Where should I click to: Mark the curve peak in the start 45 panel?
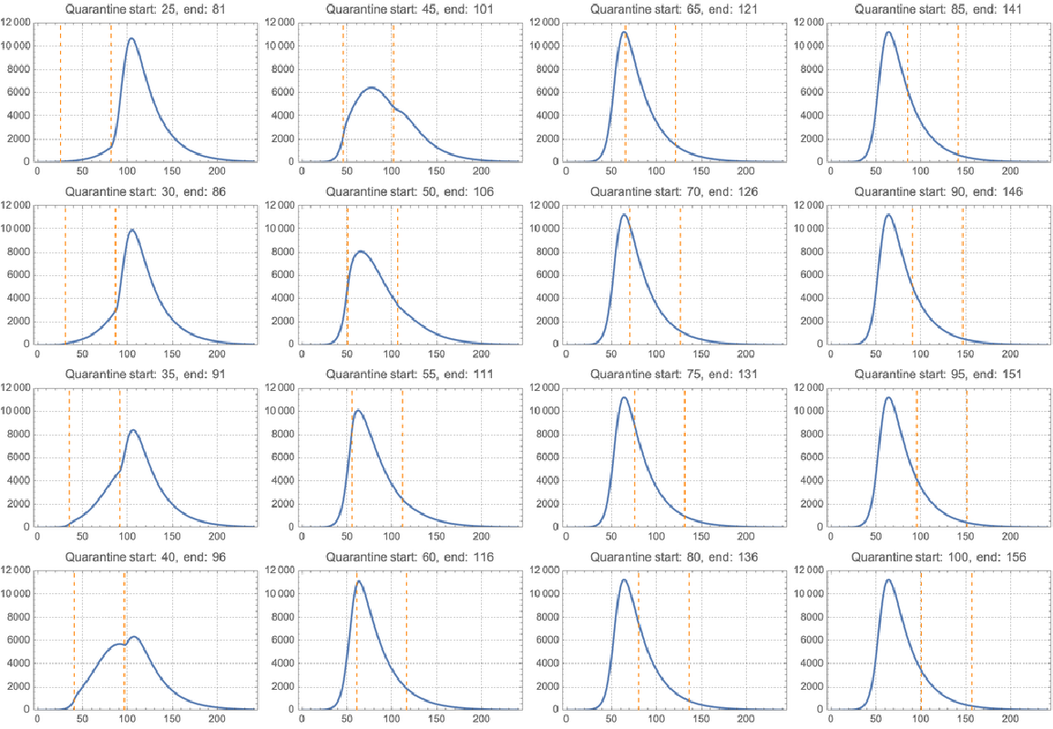(x=371, y=87)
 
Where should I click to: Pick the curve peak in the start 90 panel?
(x=887, y=215)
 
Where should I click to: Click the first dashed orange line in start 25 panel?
(x=60, y=91)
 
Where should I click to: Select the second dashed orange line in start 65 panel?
(x=675, y=91)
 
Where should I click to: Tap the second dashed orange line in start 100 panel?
(x=971, y=638)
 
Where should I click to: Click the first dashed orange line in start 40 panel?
(x=74, y=638)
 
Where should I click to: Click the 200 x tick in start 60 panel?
(x=481, y=719)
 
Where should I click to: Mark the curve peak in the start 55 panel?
(x=357, y=410)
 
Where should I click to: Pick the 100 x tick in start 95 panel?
(x=920, y=536)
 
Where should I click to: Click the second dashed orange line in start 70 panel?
(x=680, y=273)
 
